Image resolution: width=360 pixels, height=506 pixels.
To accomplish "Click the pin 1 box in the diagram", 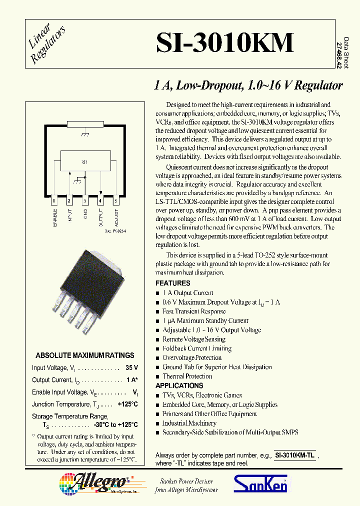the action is (53, 201).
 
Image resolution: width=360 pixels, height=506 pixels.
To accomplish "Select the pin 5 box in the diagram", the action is (116, 201).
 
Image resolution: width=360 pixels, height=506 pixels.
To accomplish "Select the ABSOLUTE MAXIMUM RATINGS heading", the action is (85, 355).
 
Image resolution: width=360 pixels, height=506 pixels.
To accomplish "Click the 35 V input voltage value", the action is (132, 368).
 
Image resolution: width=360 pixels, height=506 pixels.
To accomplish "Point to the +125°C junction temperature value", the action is (127, 404).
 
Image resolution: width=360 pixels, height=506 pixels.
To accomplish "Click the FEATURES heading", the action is (173, 283).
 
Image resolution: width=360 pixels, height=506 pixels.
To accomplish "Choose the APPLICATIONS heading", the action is (179, 385).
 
